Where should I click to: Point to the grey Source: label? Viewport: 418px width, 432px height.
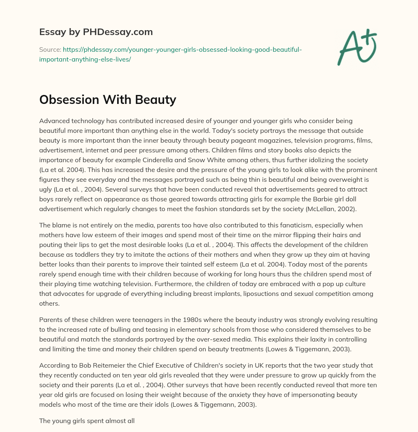point(49,50)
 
